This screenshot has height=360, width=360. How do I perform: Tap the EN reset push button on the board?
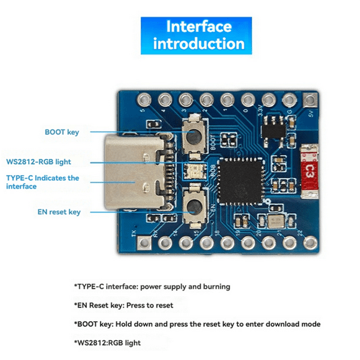(x=194, y=204)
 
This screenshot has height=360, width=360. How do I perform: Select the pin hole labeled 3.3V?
(x=269, y=99)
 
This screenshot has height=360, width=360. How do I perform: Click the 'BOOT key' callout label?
(x=62, y=132)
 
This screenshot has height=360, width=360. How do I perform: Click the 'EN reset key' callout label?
(x=59, y=212)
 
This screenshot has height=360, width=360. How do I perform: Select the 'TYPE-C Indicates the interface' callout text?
(x=42, y=182)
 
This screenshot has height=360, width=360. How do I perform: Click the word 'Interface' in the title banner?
(x=198, y=27)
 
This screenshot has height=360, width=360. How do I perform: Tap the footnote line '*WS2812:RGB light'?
(x=107, y=342)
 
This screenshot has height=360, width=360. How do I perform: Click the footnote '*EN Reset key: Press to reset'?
(x=123, y=306)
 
